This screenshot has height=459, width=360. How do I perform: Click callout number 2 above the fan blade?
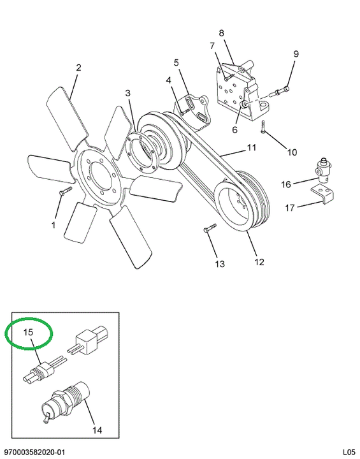[78, 68]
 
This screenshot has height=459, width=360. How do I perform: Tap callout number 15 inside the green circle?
[29, 332]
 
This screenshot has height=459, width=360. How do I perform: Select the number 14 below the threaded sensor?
[97, 430]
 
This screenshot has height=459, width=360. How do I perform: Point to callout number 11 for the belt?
[252, 147]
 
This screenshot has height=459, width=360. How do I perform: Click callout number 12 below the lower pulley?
[259, 262]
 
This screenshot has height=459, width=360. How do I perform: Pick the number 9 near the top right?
[296, 54]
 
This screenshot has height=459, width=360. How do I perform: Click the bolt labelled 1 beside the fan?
[66, 191]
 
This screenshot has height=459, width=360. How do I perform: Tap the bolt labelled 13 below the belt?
[210, 228]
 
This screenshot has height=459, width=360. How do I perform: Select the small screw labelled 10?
[263, 127]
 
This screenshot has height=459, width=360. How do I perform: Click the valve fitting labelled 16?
[323, 170]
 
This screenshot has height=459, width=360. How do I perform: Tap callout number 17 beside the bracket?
[290, 208]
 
